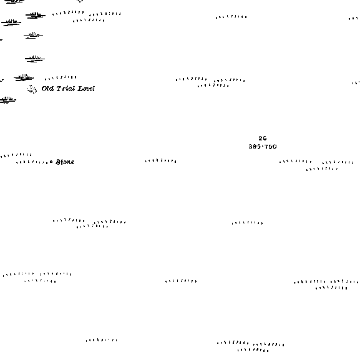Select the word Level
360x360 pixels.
86,89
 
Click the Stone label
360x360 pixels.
65,162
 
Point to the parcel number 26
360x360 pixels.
263,139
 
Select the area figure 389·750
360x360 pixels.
263,147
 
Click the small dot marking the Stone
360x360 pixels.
51,162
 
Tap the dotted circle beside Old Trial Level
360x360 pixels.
32,89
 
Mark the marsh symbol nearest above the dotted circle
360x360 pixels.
24,77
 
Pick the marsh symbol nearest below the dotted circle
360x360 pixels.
8,100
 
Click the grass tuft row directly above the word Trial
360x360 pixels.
61,78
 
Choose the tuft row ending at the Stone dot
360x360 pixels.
32,163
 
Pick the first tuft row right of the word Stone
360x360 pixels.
161,161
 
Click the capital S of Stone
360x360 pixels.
58,162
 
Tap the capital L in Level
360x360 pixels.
80,89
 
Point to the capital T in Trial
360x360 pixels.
59,89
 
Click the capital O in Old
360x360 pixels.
44,89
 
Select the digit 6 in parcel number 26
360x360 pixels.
265,139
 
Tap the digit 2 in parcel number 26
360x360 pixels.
261,139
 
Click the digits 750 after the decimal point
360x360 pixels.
270,147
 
